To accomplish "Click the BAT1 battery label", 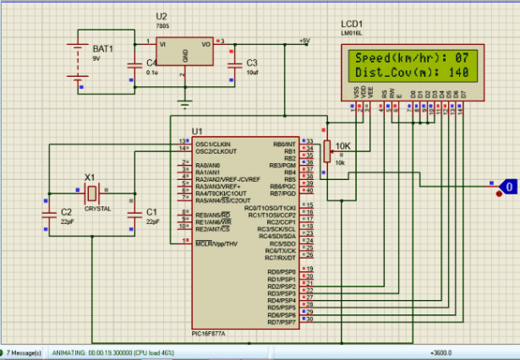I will (x=102, y=50).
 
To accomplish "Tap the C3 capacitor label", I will (x=251, y=63).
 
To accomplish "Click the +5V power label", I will (x=304, y=40).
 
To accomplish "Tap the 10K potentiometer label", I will (x=342, y=145).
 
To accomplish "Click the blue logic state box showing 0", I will (x=507, y=185).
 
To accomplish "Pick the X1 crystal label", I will (x=89, y=177).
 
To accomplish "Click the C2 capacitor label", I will (x=66, y=211).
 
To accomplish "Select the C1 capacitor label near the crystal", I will (x=152, y=211).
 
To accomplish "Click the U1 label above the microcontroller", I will (x=197, y=131).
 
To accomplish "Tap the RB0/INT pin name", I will (x=283, y=143).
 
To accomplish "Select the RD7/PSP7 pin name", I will (x=282, y=322).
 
